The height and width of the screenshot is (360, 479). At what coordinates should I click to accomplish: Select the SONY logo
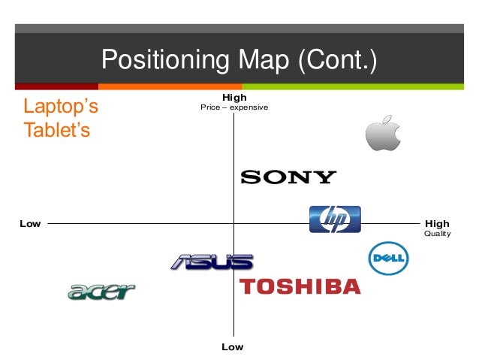coord(288,177)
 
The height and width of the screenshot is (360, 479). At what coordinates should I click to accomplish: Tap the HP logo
coord(335,219)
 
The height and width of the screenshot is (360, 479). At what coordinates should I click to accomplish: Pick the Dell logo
coord(388,259)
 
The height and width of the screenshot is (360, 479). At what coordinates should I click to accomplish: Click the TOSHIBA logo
coord(300,286)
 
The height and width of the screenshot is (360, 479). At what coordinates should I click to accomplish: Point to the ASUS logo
coord(211,262)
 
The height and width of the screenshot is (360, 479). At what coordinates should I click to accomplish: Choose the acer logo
coord(101,292)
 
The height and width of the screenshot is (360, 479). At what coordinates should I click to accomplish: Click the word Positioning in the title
coord(158,59)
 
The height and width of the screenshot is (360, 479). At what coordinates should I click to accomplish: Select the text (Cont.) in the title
coord(337,59)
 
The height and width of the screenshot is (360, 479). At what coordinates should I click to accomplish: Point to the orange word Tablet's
coord(57,130)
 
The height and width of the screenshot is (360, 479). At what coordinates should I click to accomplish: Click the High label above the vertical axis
coord(234,98)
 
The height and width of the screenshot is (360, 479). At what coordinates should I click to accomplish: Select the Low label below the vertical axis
coord(233,347)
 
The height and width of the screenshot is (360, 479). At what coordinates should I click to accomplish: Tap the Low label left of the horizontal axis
coord(30,223)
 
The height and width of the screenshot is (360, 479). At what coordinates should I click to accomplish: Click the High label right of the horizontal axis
coord(437,223)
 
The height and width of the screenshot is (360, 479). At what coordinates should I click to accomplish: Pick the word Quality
coord(438,234)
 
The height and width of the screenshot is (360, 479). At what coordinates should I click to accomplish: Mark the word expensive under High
coord(249,107)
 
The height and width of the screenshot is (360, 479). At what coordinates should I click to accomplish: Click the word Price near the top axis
coord(209,107)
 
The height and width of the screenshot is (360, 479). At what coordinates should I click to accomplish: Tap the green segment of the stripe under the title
coord(360,86)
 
